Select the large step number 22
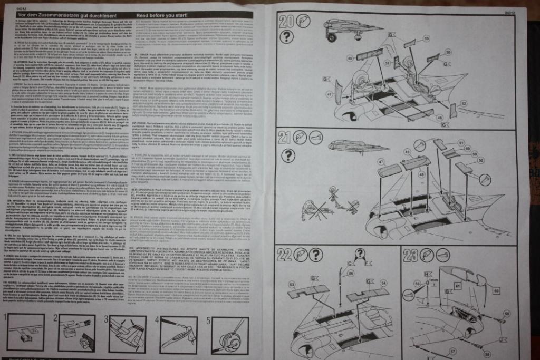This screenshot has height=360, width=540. (284, 256)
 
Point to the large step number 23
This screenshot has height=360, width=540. (411, 256)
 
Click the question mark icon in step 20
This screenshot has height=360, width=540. (286, 36)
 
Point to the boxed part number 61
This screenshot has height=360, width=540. (458, 285)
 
